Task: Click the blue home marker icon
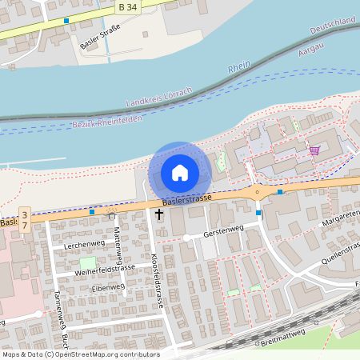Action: [180, 172]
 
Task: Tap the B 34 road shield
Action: [126, 7]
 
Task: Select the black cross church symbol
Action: [158, 214]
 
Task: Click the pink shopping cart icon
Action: [314, 150]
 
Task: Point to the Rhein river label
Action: [239, 68]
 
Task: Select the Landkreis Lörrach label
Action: [160, 97]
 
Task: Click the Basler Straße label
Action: [100, 37]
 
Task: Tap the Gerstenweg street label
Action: [223, 230]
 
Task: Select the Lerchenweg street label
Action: [85, 243]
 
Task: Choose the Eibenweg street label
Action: [109, 287]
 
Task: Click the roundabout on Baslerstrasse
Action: [257, 191]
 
